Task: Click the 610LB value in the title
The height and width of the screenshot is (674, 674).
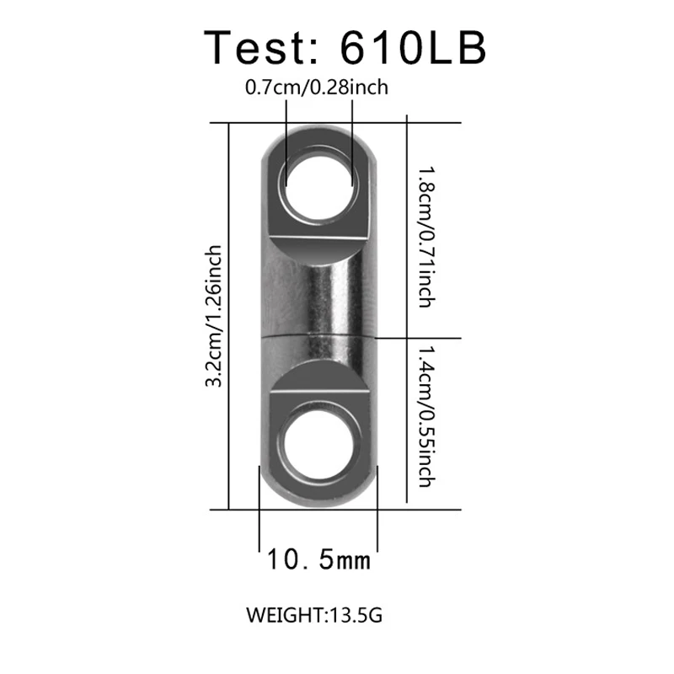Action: (413, 47)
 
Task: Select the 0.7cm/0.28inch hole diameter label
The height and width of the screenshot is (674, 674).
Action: (316, 87)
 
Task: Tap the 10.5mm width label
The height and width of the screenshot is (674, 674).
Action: (318, 559)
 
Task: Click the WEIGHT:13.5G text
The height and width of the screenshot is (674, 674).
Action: (314, 615)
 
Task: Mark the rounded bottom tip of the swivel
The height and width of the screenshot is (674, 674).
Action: (318, 503)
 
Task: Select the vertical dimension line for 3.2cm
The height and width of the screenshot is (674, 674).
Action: (230, 316)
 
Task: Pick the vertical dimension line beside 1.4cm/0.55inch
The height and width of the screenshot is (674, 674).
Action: (409, 421)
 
